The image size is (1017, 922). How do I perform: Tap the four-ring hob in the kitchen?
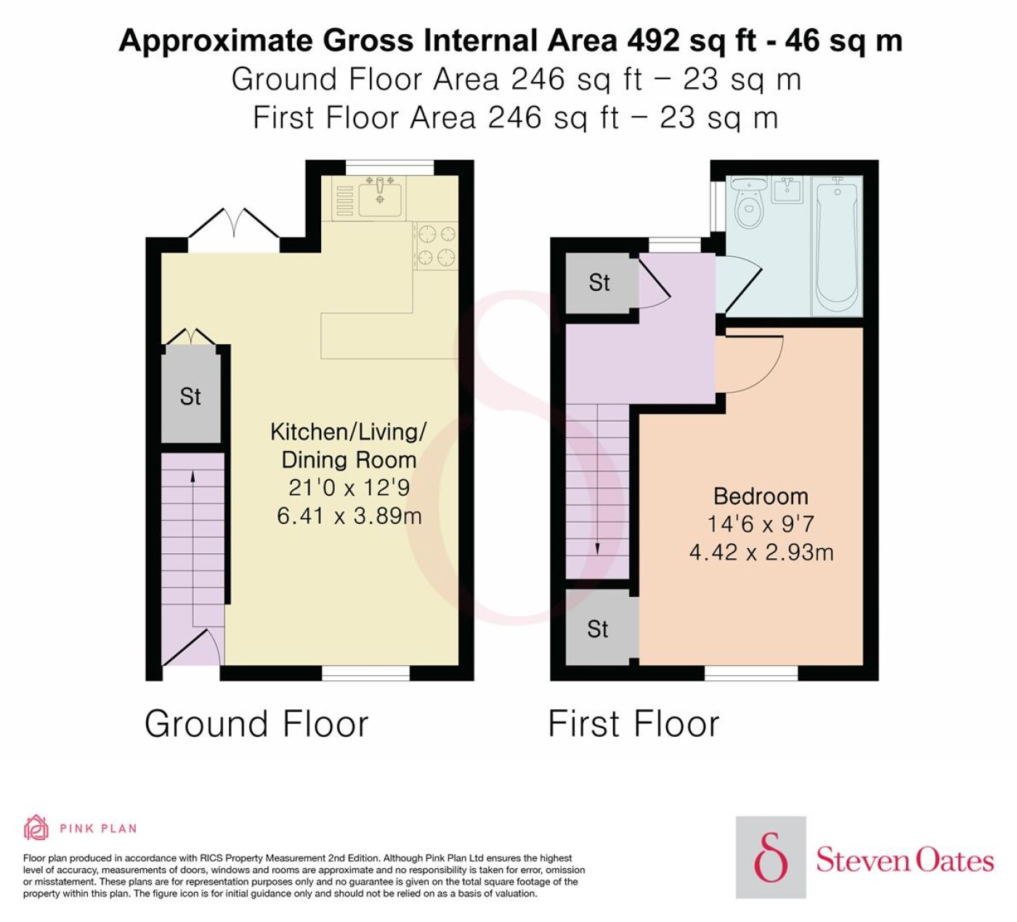tap(436, 246)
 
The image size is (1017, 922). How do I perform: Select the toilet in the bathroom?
tap(747, 203)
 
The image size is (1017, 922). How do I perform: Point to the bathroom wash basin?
tap(787, 189)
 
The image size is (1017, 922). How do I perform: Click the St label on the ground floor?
tap(190, 396)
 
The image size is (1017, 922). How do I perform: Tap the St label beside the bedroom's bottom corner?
tap(598, 629)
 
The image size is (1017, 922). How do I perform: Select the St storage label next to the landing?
tap(599, 282)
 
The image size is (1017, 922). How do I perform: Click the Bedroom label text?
tap(761, 497)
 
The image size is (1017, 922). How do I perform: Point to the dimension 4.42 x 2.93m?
tap(761, 552)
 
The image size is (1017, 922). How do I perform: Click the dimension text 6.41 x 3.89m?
tap(349, 516)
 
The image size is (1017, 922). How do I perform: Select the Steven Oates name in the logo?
tap(904, 860)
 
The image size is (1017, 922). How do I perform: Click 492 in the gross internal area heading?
tap(654, 41)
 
